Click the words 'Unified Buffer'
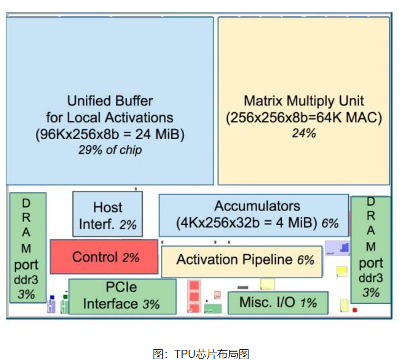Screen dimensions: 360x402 110,100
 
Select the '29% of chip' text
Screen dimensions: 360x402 110,150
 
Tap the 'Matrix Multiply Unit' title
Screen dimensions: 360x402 304,100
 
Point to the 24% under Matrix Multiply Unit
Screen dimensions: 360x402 304,133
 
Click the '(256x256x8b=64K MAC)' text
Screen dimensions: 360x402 304,117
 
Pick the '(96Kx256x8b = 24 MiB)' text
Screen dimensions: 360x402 110,134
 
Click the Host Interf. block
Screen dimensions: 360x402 107,214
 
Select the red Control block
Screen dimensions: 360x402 104,257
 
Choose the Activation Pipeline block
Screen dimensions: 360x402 241,260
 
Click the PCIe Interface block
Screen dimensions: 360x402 122,296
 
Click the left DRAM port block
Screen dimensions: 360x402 27,248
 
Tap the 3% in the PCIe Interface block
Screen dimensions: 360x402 151,304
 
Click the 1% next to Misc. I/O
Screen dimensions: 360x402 309,303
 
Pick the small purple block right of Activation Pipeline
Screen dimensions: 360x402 337,248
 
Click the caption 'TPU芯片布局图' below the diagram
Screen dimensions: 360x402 201,353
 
